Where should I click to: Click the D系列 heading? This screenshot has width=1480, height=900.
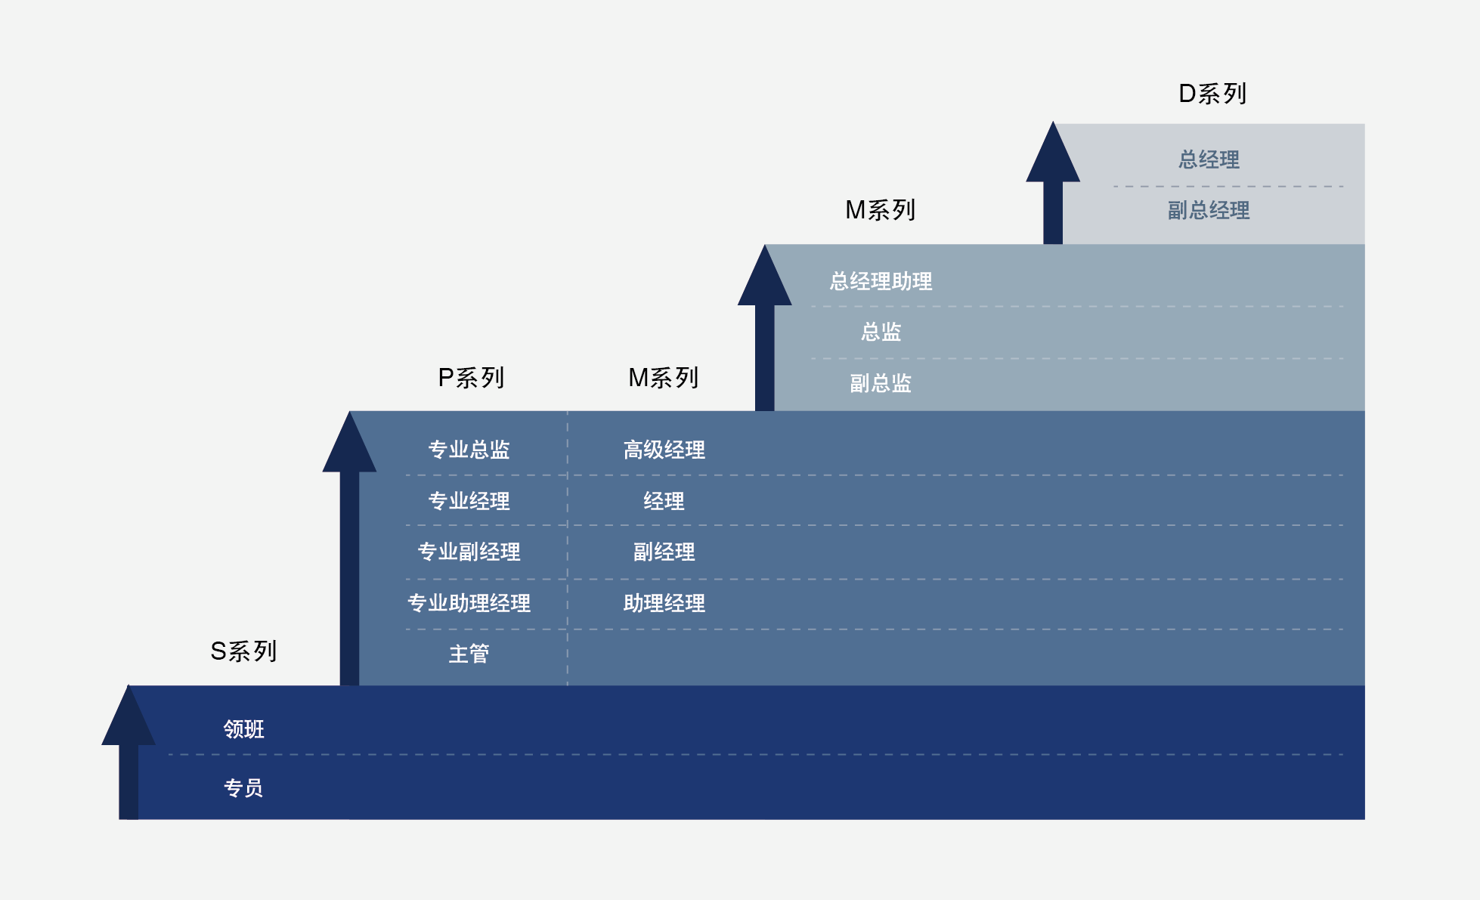[1212, 94]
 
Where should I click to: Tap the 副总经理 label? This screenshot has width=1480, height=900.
[1208, 210]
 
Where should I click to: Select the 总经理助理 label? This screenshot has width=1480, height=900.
[881, 281]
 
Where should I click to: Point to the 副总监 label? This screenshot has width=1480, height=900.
[881, 383]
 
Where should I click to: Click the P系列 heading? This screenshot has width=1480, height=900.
[471, 378]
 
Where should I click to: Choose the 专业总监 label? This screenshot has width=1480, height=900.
[469, 450]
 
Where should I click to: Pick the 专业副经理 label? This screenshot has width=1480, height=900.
[469, 552]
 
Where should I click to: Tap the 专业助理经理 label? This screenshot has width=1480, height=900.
[469, 603]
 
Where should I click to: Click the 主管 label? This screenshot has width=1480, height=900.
[469, 654]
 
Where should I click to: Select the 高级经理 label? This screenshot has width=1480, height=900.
[664, 450]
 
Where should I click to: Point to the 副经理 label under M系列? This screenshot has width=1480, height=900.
[664, 552]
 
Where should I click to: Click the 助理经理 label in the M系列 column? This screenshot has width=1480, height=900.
[664, 603]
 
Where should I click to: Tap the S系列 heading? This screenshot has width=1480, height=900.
[243, 651]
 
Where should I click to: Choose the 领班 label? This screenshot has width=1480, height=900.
[243, 729]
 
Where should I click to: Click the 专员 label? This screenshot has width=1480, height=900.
[243, 788]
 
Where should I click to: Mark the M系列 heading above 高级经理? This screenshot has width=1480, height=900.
[663, 378]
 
